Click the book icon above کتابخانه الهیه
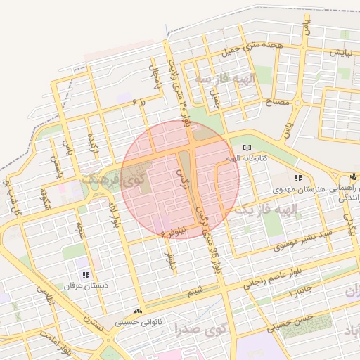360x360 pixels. pyautogui.click(x=246, y=147)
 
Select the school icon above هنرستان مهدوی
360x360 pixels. pyautogui.click(x=298, y=179)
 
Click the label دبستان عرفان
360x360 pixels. pyautogui.click(x=86, y=287)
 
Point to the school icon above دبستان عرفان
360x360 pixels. pyautogui.click(x=86, y=276)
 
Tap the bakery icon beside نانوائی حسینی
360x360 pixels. pyautogui.click(x=138, y=310)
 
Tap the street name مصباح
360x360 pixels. pyautogui.click(x=277, y=103)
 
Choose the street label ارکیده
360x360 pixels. pyautogui.click(x=92, y=145)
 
